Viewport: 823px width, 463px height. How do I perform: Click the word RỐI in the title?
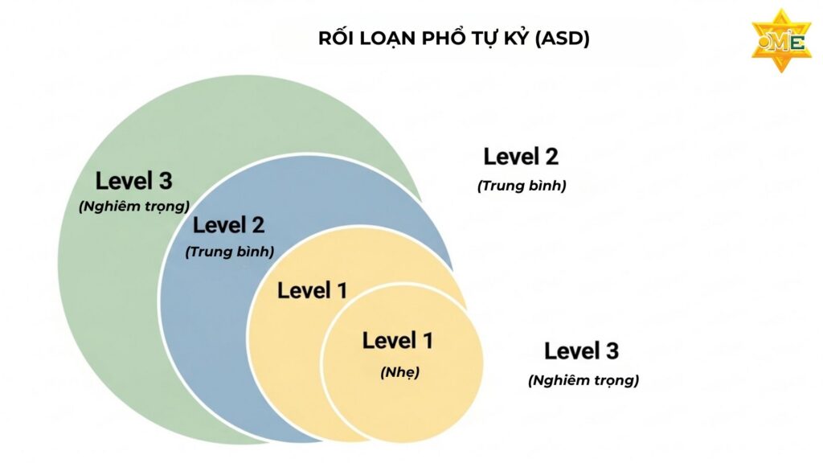click(336, 39)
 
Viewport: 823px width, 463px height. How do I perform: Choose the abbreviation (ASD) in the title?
click(565, 39)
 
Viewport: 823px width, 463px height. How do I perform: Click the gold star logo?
click(780, 40)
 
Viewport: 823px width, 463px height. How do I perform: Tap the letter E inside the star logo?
click(796, 42)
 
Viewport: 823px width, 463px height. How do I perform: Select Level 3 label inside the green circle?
click(133, 181)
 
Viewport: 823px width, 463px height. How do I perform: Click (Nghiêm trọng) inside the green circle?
click(133, 205)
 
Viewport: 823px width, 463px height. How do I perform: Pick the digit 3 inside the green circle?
click(166, 181)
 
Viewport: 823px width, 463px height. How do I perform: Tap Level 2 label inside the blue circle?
click(228, 226)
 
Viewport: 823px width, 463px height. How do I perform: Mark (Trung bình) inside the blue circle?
click(230, 251)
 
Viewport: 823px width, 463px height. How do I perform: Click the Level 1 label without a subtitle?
click(312, 291)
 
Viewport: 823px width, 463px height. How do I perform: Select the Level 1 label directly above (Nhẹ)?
click(398, 341)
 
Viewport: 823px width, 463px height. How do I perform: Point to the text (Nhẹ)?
click(399, 372)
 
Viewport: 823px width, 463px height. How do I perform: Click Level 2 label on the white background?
click(521, 157)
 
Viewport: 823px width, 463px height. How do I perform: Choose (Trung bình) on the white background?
click(522, 186)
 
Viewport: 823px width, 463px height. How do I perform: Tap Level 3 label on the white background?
click(581, 351)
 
